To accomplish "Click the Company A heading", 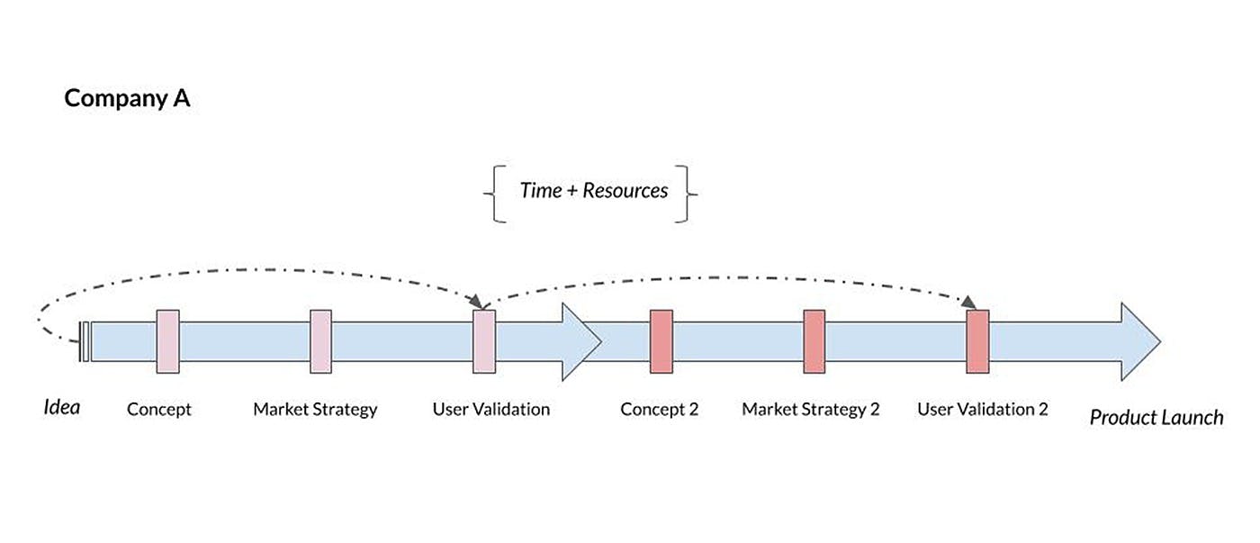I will coord(127,98).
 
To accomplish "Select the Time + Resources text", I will coord(593,191).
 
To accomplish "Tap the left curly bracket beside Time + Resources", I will coord(493,193).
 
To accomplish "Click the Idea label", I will coord(62,407).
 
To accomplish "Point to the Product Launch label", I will coord(1156,417).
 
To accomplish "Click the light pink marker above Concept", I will coord(167,341).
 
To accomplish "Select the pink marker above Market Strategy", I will coord(321,341).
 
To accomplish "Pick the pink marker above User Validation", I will coord(484,341).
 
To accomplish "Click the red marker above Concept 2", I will coord(661,341).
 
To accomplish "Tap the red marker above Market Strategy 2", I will coord(814,341).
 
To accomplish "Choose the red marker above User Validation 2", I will coord(977,341).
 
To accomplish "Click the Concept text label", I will coord(159,410).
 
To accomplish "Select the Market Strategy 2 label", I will coord(811,410).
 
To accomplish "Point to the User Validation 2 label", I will coord(983,410).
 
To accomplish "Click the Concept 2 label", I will coord(660,410).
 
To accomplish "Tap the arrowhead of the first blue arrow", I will coord(581,341).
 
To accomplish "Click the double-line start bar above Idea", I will coord(85,341).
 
